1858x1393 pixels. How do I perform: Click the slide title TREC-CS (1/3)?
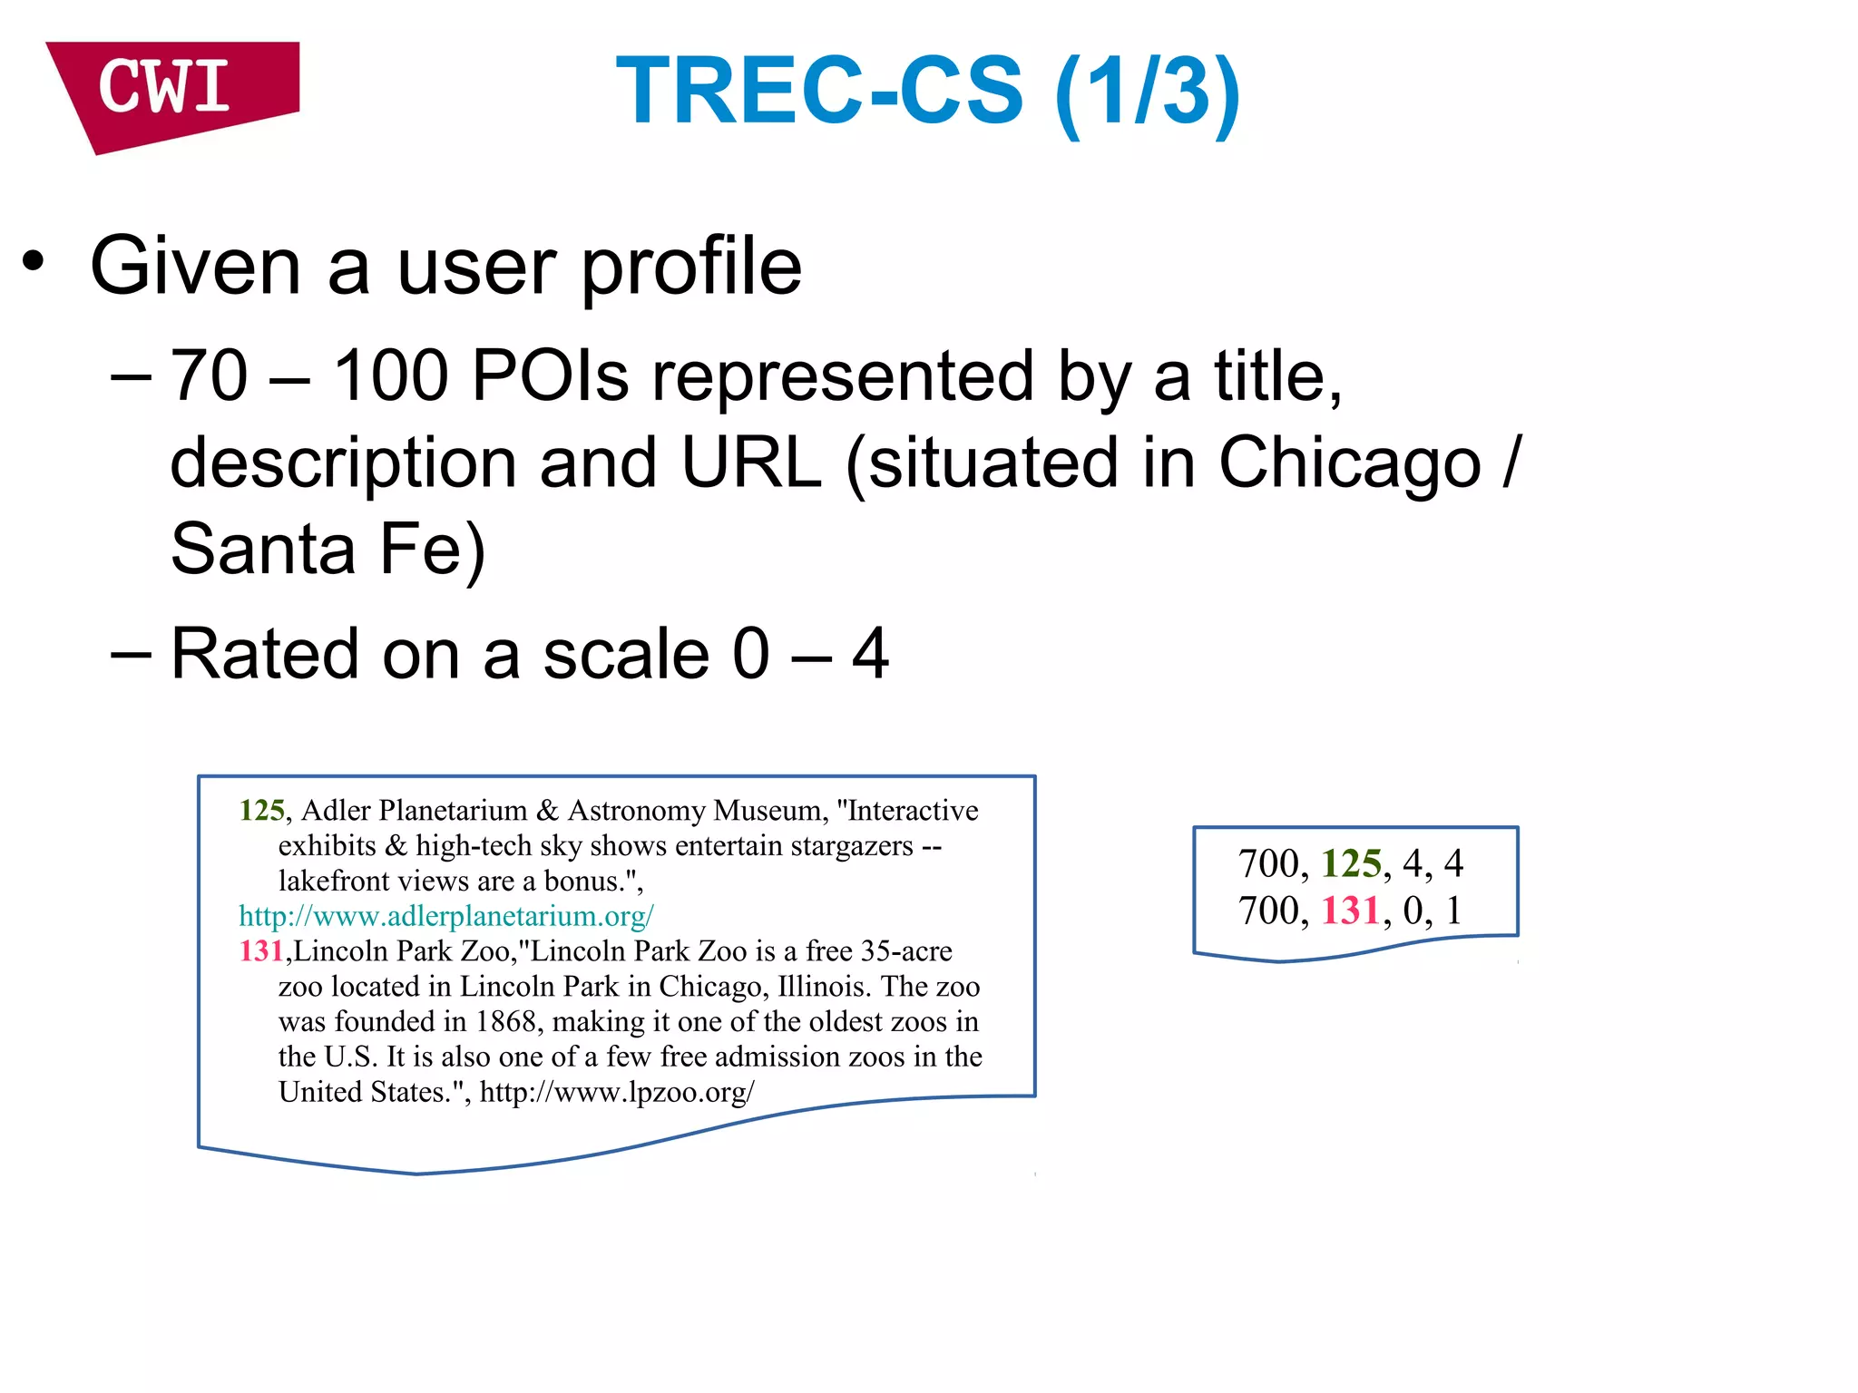click(927, 91)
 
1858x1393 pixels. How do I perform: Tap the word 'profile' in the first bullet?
click(690, 267)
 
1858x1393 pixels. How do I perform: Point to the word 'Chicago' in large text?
click(1349, 463)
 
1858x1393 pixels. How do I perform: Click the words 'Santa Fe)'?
click(328, 549)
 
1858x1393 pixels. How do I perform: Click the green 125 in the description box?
click(261, 810)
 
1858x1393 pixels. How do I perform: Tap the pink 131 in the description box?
click(261, 950)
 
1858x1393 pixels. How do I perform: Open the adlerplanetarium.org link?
click(445, 916)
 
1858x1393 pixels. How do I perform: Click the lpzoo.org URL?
click(617, 1092)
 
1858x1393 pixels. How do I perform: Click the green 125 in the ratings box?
click(1351, 863)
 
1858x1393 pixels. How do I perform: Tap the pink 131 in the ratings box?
click(1351, 911)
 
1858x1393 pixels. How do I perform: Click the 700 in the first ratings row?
click(1268, 863)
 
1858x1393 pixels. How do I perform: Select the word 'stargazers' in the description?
click(852, 845)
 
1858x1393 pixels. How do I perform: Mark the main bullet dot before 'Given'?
click(34, 262)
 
